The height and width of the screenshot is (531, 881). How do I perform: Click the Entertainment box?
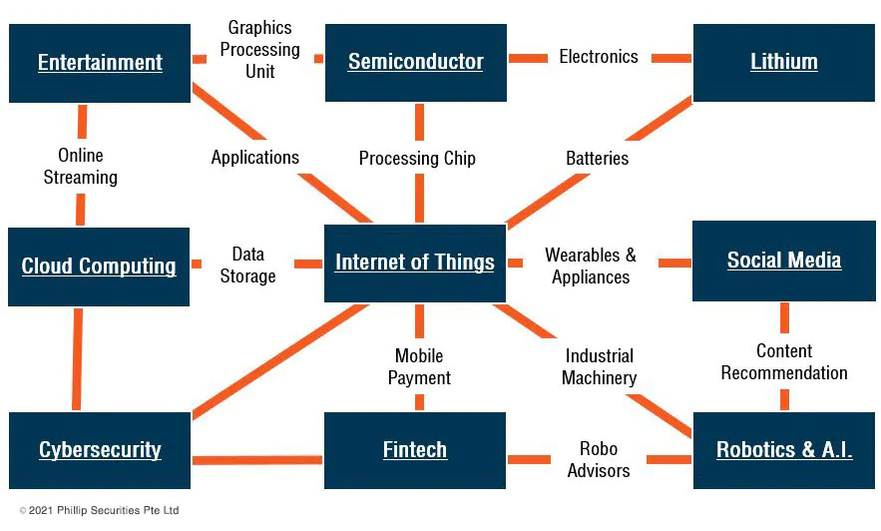tap(100, 63)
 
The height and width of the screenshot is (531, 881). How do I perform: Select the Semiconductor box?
tap(415, 62)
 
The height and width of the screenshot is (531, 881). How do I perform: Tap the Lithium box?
tap(783, 62)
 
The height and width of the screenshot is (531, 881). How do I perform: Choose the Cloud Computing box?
tap(99, 266)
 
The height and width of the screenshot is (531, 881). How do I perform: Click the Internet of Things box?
tap(415, 263)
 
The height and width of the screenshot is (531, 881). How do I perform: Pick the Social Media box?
tap(783, 261)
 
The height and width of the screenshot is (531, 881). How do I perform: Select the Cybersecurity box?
tap(100, 450)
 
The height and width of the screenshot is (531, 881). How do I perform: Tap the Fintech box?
tap(415, 450)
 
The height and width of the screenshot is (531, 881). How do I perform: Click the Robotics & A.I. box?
tap(783, 450)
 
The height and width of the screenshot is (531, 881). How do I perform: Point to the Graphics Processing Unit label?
tap(259, 50)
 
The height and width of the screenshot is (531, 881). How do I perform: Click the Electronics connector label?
tap(599, 57)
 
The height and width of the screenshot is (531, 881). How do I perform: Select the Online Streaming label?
tap(81, 167)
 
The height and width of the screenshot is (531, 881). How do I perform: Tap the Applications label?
tap(255, 158)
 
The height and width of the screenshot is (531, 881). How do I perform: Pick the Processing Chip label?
tap(417, 159)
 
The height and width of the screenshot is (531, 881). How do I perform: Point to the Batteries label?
tap(598, 159)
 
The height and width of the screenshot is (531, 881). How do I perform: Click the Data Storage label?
tap(247, 265)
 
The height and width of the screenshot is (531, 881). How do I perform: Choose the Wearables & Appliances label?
tap(591, 266)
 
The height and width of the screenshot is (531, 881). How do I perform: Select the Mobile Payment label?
tap(419, 367)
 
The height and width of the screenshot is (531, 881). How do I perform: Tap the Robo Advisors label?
tap(599, 460)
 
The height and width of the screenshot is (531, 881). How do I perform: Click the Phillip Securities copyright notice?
tap(99, 511)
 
